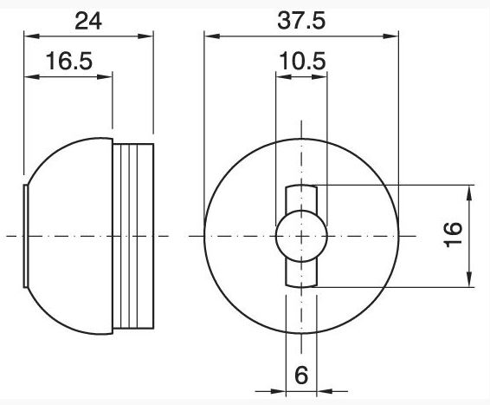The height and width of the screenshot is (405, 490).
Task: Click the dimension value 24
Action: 88,21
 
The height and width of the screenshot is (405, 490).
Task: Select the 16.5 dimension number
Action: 69,61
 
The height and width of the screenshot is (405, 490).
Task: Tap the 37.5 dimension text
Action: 301,21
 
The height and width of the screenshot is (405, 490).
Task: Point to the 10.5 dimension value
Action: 302,61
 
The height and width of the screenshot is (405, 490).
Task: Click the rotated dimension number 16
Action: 453,235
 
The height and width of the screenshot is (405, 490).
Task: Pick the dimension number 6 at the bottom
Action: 301,375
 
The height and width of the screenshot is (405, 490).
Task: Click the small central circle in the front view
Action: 301,236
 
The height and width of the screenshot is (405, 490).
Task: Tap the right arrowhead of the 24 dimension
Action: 145,36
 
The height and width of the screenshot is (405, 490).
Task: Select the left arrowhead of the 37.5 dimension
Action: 212,36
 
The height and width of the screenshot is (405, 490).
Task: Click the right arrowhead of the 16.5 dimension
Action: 105,76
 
